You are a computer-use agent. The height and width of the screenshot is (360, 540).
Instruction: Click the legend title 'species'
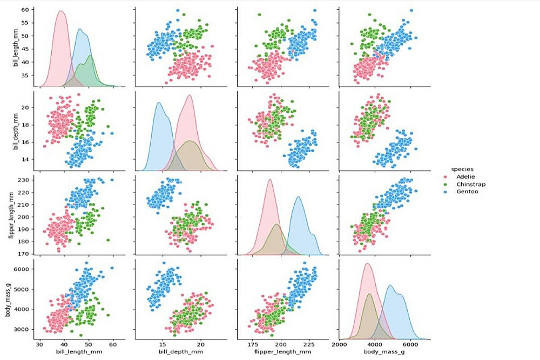coord(459,168)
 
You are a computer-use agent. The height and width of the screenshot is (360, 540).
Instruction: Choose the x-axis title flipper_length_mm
coord(280,351)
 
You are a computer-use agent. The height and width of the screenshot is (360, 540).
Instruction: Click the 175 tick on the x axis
coord(253,344)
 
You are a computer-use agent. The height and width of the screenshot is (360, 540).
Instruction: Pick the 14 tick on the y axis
coord(28,159)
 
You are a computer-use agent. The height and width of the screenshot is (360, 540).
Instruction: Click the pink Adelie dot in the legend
coord(444,176)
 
